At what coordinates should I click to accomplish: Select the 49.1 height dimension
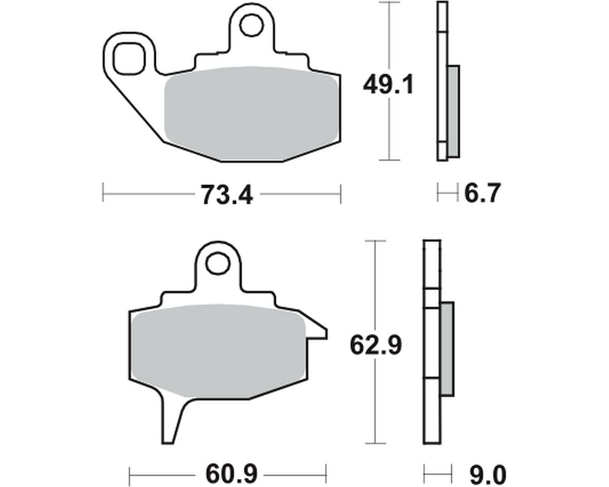pyautogui.click(x=388, y=84)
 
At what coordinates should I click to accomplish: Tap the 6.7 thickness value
pyautogui.click(x=482, y=193)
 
